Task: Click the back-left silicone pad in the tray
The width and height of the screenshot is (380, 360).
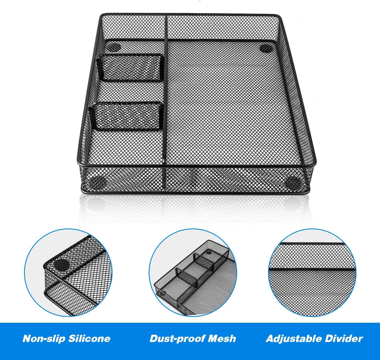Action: coord(114,48)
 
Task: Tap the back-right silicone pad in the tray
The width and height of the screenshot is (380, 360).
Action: coord(266,48)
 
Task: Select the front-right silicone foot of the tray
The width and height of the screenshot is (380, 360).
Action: coord(294,183)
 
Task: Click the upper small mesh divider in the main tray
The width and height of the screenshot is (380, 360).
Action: coord(132,68)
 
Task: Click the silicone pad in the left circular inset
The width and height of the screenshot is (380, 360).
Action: coord(61,265)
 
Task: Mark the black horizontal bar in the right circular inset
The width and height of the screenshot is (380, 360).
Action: coord(312,269)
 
